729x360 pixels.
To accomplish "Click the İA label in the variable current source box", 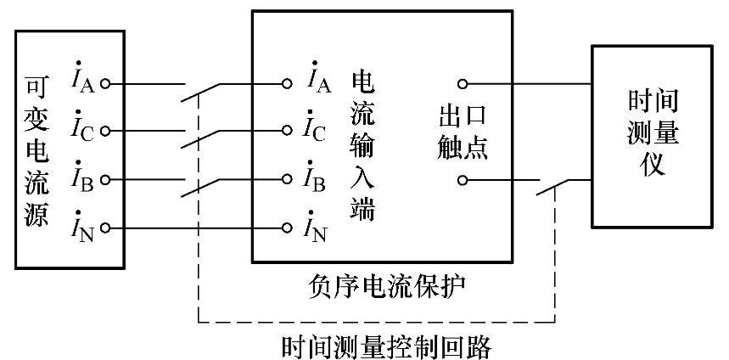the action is coord(85,82).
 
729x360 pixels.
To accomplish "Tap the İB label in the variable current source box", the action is coord(85,179).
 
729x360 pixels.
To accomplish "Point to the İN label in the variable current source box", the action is coord(85,227).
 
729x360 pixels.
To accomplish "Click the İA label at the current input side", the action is coord(318,82).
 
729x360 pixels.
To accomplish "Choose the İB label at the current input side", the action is coord(318,179).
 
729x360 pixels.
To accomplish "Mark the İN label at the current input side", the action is coord(318,227).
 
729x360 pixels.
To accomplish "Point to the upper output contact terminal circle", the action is coord(463,84).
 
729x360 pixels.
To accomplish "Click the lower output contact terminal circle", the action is coord(463,180).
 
